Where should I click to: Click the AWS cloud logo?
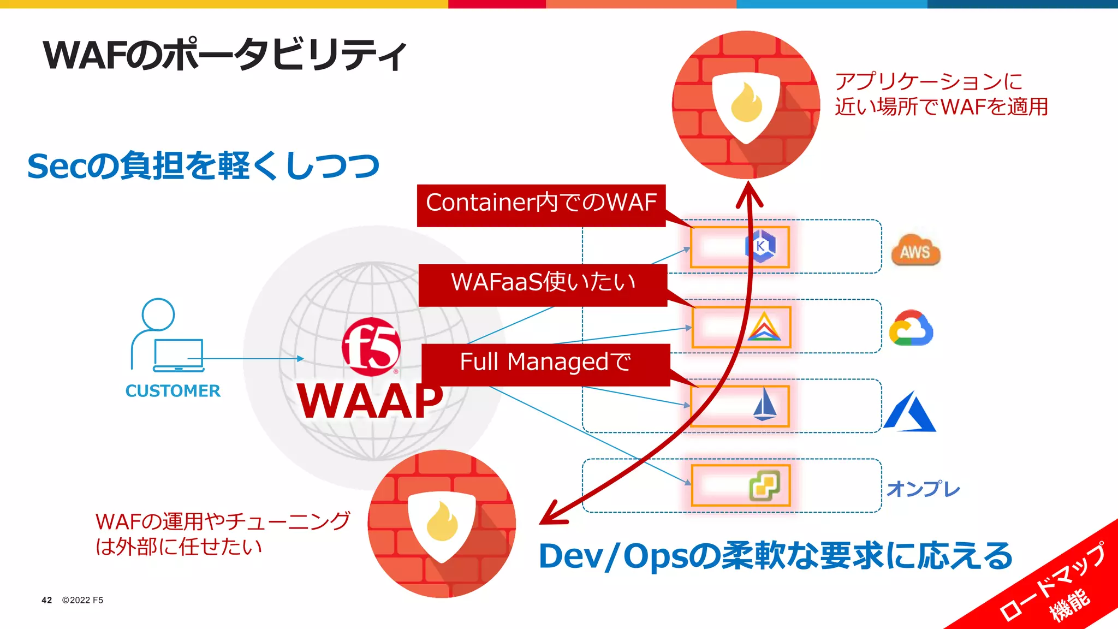click(915, 251)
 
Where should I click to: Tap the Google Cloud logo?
click(911, 328)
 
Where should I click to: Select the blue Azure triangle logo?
click(909, 412)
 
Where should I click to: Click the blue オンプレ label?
click(923, 489)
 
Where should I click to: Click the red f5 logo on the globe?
click(371, 347)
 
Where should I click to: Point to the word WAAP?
click(370, 401)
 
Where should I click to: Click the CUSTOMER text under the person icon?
click(173, 391)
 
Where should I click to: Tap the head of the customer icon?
click(158, 314)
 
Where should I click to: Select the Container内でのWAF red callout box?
click(540, 205)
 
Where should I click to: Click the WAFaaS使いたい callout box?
click(543, 284)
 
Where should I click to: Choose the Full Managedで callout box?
click(545, 364)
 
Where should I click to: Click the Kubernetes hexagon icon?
click(760, 246)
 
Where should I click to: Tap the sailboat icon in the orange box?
click(765, 405)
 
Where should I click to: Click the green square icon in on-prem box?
click(764, 485)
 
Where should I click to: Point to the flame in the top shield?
click(746, 103)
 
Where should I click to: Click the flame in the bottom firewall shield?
click(442, 523)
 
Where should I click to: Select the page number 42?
click(47, 600)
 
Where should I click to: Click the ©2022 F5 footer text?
click(82, 600)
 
